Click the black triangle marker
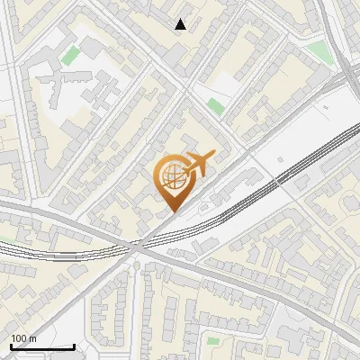tap(181, 24)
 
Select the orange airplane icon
tap(199, 163)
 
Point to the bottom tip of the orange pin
tap(171, 211)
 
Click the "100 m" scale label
tap(23, 338)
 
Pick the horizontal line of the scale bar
tap(41, 346)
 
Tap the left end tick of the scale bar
tap(10, 345)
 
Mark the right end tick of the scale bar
tap(74, 345)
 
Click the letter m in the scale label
tap(32, 338)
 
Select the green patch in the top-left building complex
tap(70, 56)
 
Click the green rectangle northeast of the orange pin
tap(214, 106)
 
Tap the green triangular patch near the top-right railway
tap(323, 51)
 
